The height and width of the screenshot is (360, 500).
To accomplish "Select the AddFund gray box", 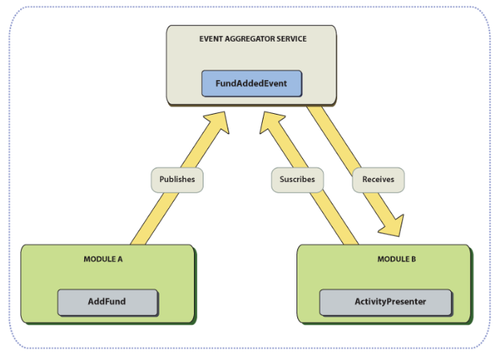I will tap(107, 302).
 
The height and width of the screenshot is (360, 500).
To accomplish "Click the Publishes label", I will tap(176, 180).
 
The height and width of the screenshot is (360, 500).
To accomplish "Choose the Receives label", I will tap(377, 180).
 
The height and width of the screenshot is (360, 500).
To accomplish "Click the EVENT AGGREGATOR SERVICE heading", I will tap(252, 39).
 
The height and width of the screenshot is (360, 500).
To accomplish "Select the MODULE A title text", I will tap(103, 260).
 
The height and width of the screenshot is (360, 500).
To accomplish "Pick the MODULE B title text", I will tap(397, 260).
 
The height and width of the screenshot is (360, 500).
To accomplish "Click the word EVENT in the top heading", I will tap(211, 39).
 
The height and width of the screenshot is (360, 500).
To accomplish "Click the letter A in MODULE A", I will tap(119, 260).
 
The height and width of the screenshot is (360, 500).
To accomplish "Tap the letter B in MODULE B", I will tap(413, 260).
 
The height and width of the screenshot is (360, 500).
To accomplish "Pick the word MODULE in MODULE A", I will tap(99, 260).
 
